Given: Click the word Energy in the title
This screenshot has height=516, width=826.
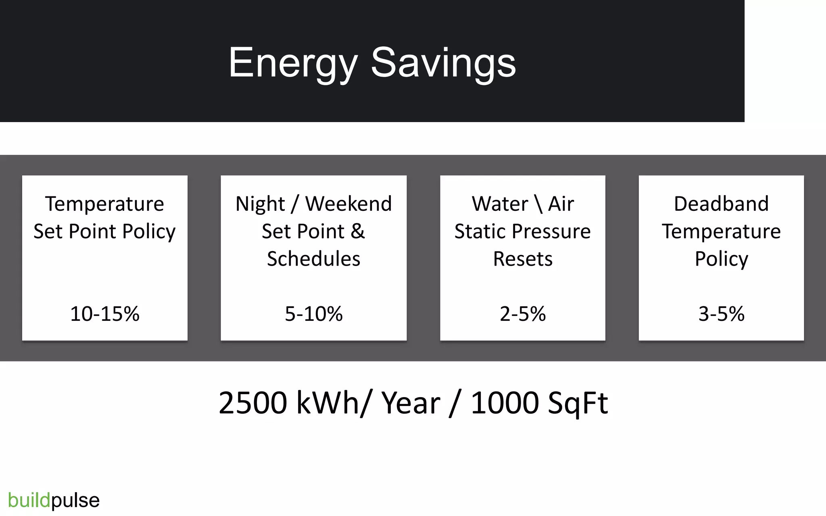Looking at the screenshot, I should [x=293, y=63].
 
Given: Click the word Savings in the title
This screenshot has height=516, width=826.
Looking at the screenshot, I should [x=443, y=63].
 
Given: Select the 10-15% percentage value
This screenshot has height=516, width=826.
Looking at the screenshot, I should [x=105, y=314].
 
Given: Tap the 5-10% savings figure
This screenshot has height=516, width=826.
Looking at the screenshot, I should [x=314, y=314].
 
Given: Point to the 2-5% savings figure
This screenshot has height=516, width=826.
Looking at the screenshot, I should [x=523, y=314].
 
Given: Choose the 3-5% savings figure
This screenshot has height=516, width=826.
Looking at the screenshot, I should [x=721, y=314].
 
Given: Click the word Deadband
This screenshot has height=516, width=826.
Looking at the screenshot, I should [x=721, y=204].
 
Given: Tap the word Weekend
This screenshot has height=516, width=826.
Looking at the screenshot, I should [x=348, y=204].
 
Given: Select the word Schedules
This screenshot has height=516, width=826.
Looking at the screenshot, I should [x=314, y=259].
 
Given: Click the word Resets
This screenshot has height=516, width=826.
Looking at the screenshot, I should [x=523, y=259].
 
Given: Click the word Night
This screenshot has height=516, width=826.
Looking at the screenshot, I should [x=260, y=204].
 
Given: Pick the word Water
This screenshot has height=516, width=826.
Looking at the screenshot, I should [x=500, y=204].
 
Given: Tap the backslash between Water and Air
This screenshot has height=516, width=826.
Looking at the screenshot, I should [x=538, y=204].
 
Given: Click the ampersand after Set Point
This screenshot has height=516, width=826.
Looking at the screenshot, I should [x=358, y=231].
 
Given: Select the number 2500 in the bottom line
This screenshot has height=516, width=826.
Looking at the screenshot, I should [x=253, y=403].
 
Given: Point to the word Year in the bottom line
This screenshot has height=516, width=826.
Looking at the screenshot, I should [x=411, y=403].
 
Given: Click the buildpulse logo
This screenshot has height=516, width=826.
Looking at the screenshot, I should [x=54, y=500].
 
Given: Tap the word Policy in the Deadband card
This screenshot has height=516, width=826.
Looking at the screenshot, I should [x=721, y=259].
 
